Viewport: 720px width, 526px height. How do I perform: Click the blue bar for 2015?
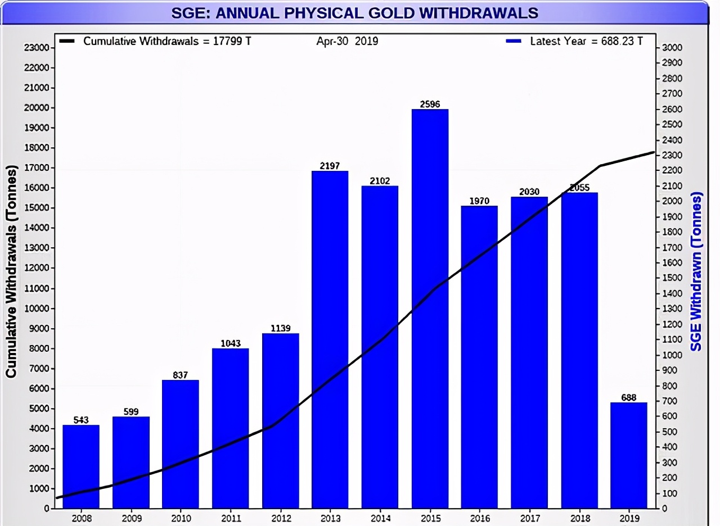(430, 309)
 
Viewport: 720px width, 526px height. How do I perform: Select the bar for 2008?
(81, 466)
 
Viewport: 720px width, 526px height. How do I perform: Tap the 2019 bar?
(629, 455)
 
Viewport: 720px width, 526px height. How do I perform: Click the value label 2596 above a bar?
(430, 104)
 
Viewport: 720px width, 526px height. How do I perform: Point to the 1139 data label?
(280, 328)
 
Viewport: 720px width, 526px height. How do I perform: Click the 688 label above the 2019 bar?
(629, 397)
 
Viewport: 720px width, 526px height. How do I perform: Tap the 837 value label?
(181, 375)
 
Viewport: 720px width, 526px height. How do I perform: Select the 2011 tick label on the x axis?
(230, 518)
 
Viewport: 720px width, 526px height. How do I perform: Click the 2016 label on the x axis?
(479, 518)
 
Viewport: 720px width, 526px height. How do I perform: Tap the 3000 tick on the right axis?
(672, 48)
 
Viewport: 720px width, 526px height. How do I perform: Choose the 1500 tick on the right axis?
(672, 278)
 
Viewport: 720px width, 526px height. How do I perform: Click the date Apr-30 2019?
(347, 41)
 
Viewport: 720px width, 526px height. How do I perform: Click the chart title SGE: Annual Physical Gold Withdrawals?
(355, 13)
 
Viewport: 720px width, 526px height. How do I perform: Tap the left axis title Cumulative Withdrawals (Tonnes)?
(12, 270)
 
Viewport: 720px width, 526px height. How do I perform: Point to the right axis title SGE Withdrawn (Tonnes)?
(696, 272)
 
